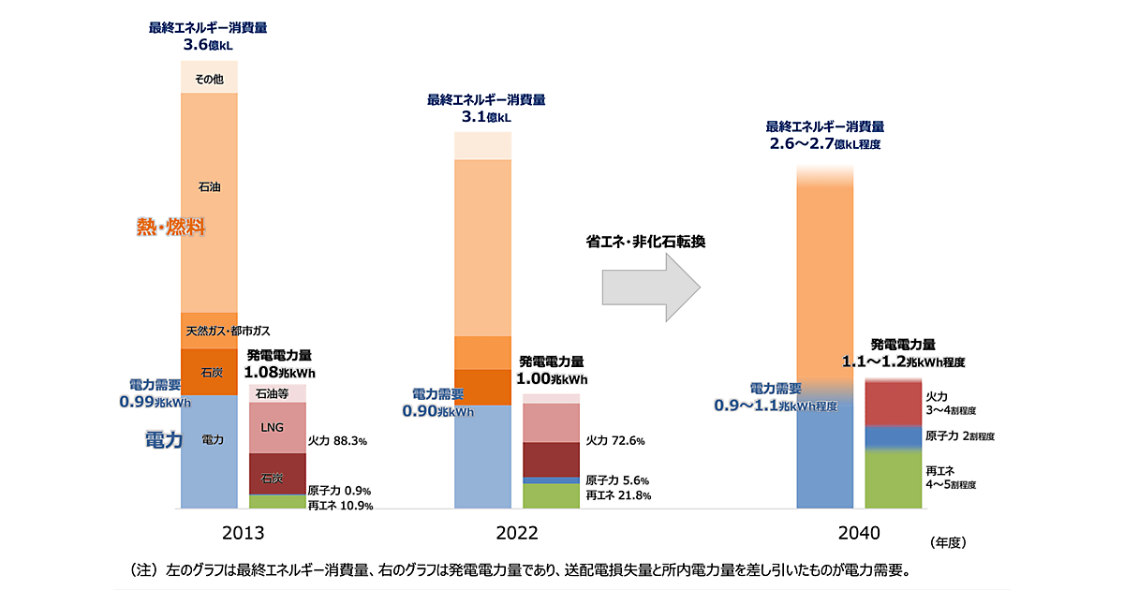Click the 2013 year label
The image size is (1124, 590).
point(243,533)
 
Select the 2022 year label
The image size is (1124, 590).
point(517,533)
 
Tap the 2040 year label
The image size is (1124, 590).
point(859,533)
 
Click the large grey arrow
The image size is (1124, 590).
point(652,287)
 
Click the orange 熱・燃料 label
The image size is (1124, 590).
point(170,227)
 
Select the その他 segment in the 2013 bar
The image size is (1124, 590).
point(209,80)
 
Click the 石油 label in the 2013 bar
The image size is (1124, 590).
point(209,187)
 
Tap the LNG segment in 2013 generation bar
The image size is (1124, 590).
point(277,427)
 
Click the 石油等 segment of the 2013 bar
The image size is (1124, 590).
point(277,393)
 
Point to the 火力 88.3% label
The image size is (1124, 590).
point(337,440)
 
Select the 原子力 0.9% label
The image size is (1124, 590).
point(340,490)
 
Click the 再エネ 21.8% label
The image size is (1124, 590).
point(617,495)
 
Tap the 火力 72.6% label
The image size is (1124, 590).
point(615,440)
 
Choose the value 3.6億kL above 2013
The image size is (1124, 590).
point(209,43)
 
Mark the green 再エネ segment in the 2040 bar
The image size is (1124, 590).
point(894,479)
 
